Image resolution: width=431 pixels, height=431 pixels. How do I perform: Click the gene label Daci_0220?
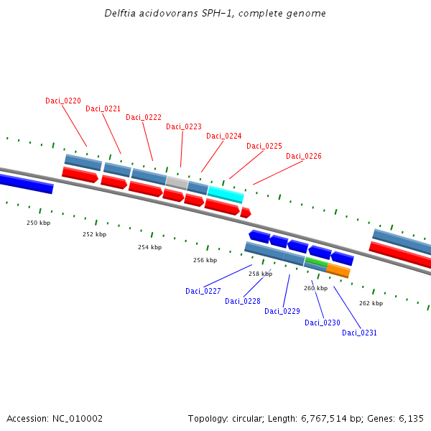[x=63, y=101]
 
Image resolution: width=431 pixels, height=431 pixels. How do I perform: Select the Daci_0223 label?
[x=184, y=126]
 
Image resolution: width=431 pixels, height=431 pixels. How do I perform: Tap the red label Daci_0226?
[x=304, y=156]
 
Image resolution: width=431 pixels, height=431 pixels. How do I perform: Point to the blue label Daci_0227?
[x=203, y=291]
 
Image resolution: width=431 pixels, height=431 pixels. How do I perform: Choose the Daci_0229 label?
[x=282, y=311]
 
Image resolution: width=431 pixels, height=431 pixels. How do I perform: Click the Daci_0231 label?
[x=359, y=333]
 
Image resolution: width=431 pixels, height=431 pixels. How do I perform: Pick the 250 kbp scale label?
[x=39, y=223]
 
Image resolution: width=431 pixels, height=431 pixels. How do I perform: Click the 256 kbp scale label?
[x=205, y=260]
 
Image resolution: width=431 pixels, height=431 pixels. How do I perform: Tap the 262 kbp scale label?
[x=371, y=303]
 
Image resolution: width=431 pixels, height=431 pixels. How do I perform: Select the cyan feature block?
[x=226, y=194]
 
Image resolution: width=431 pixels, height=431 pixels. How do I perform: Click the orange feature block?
[x=338, y=271]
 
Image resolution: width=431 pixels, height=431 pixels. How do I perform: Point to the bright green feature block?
[x=316, y=262]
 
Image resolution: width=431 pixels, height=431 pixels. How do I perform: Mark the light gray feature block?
[x=177, y=182]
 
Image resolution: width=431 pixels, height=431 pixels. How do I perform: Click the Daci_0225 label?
[x=264, y=146]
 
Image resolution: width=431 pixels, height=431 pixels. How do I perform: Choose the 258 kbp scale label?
[x=261, y=274]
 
